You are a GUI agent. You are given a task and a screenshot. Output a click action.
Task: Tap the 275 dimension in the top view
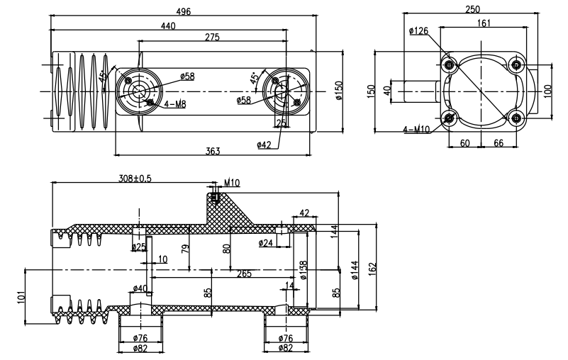click(x=211, y=37)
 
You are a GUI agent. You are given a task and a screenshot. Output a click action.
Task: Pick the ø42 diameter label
click(x=264, y=145)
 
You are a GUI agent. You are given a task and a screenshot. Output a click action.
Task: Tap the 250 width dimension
click(x=472, y=9)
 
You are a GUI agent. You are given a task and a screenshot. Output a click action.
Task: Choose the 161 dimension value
click(x=484, y=23)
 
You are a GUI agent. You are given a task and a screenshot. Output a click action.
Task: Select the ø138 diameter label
click(x=303, y=269)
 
